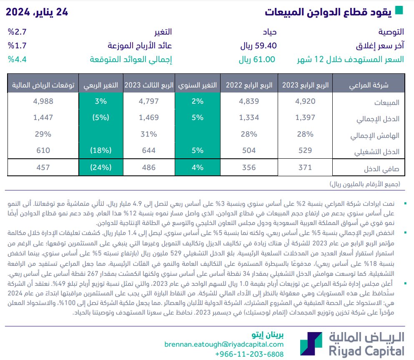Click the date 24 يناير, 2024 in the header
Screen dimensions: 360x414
coord(37,12)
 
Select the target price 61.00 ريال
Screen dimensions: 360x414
coord(257,59)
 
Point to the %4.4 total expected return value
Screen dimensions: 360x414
coord(17,59)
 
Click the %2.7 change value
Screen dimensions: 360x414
coord(17,32)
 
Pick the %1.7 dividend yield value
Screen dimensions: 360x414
coord(17,45)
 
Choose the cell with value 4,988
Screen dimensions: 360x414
coord(43,101)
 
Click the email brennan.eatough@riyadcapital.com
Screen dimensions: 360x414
coord(224,345)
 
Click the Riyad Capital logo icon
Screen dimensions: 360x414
coord(311,344)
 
